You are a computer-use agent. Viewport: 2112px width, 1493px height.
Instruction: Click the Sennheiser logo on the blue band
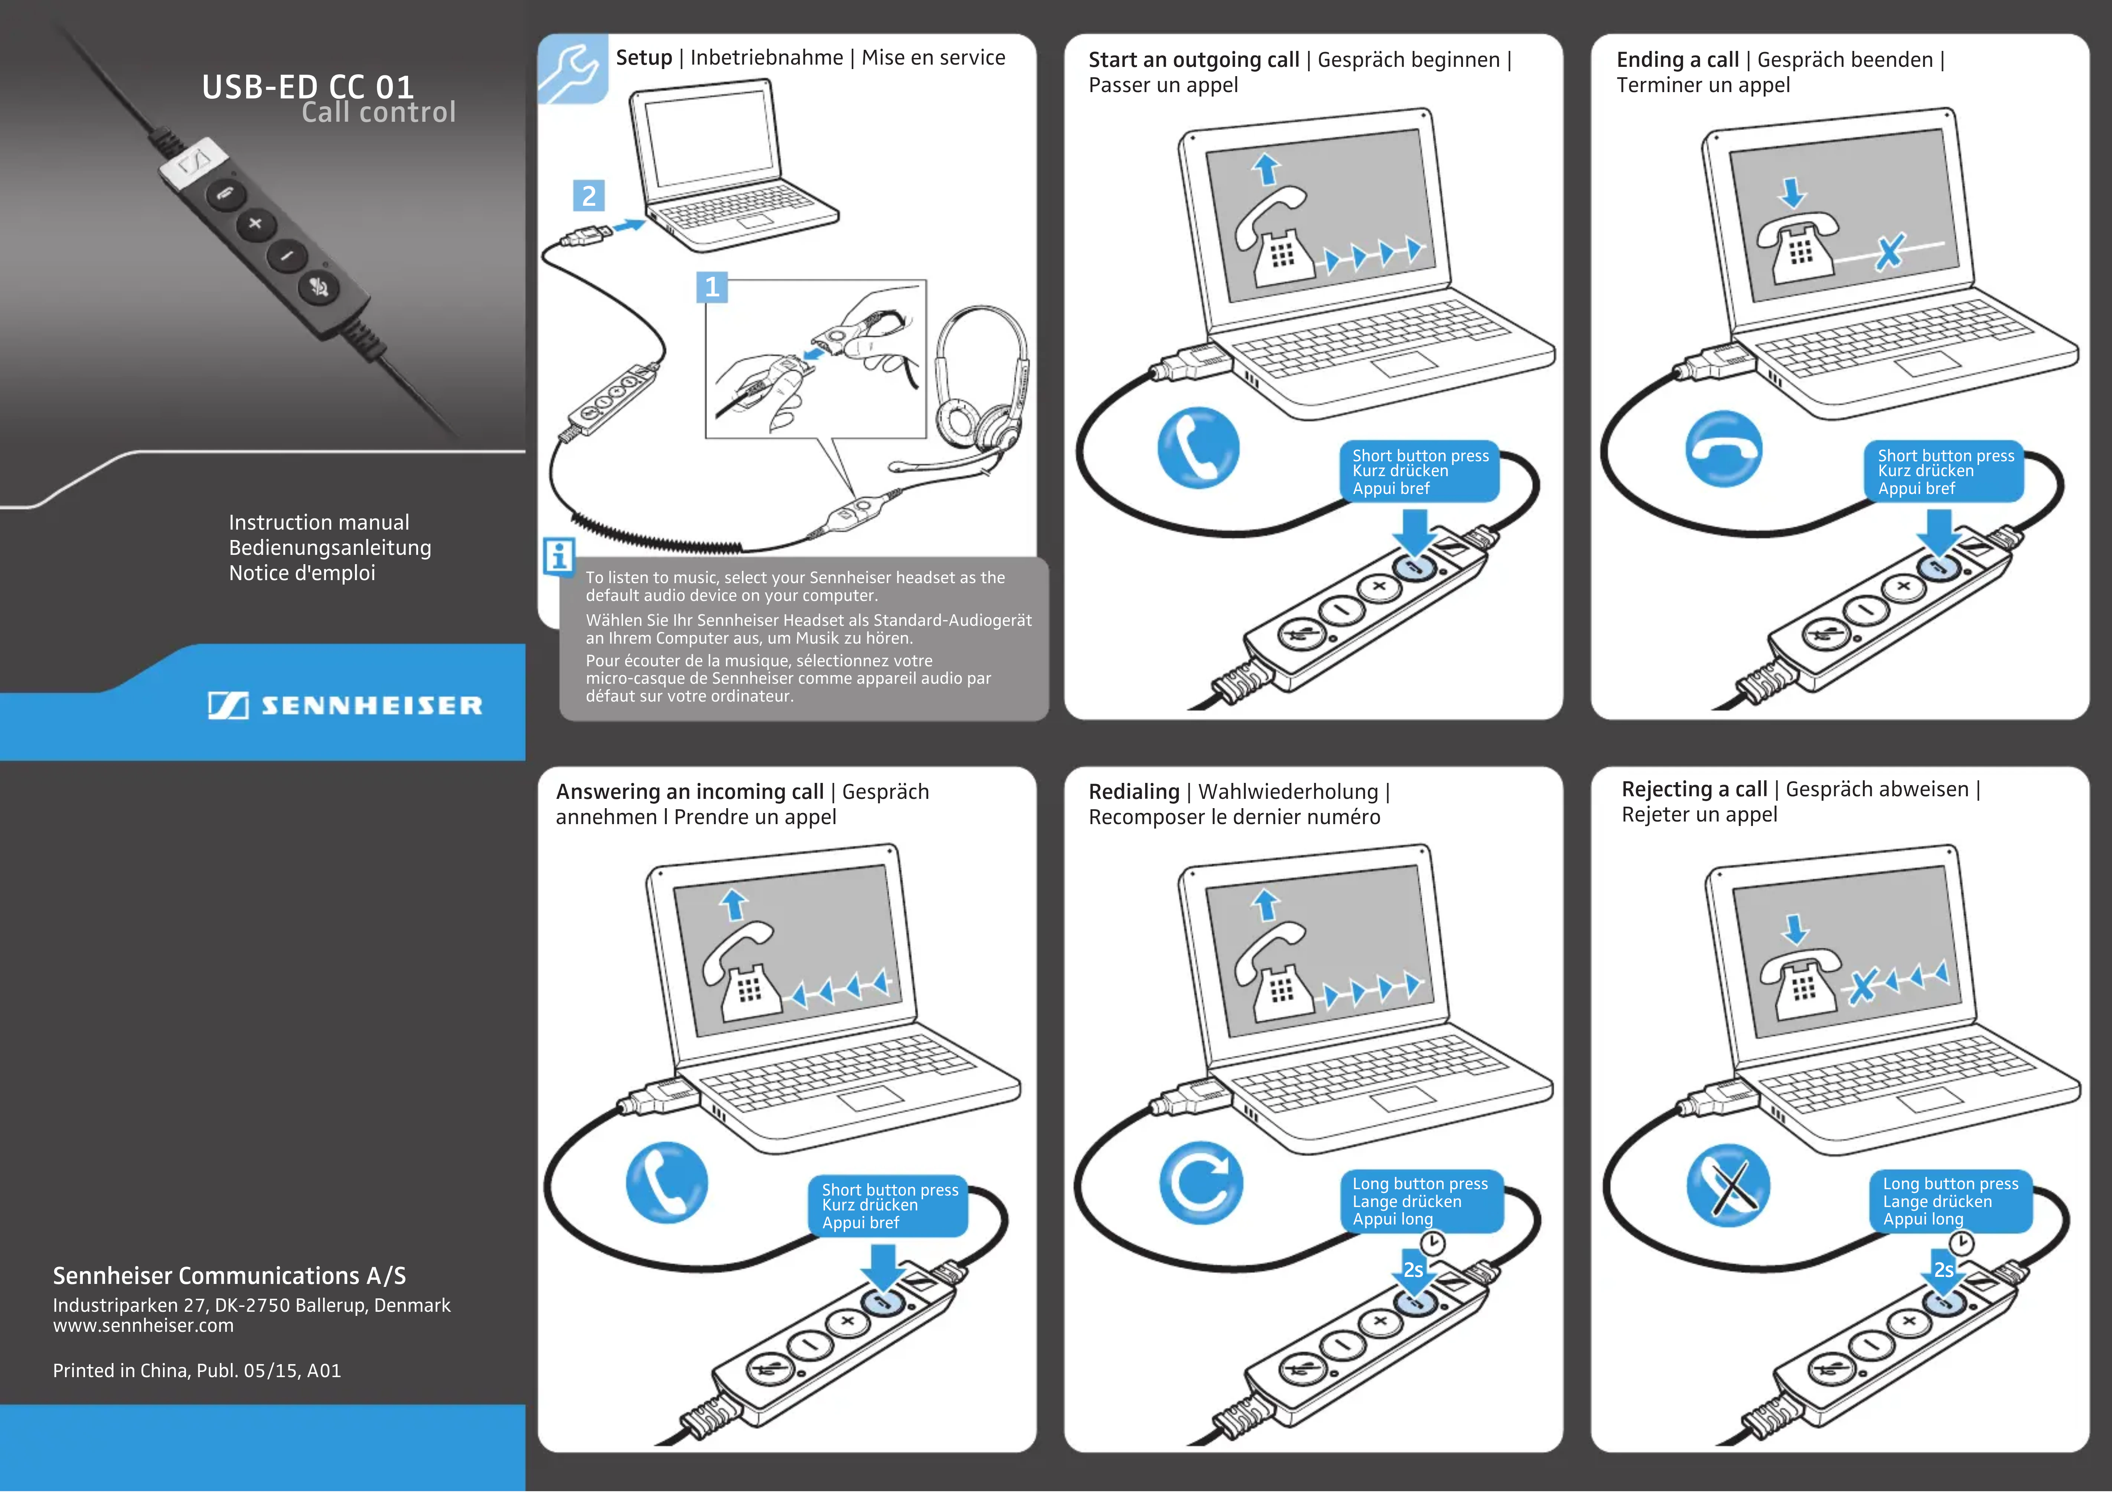coord(345,706)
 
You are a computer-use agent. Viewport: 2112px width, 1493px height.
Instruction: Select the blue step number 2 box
coord(589,196)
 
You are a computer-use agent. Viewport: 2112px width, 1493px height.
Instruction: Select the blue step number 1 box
coord(711,287)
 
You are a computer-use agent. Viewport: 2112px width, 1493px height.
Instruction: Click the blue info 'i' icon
coord(558,556)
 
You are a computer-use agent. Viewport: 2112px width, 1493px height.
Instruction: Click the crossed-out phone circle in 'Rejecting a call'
coord(1727,1185)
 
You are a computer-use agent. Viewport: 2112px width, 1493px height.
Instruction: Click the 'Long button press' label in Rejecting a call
coord(1950,1184)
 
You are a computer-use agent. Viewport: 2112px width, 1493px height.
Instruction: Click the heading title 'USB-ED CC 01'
coord(308,87)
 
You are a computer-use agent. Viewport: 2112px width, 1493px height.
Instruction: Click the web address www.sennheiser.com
coord(143,1326)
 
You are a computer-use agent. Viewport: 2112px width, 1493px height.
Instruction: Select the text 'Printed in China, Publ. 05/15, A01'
coord(197,1371)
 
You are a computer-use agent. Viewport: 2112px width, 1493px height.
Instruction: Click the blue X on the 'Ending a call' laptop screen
coord(1890,251)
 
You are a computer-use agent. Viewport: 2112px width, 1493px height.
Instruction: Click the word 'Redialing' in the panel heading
coord(1133,792)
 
